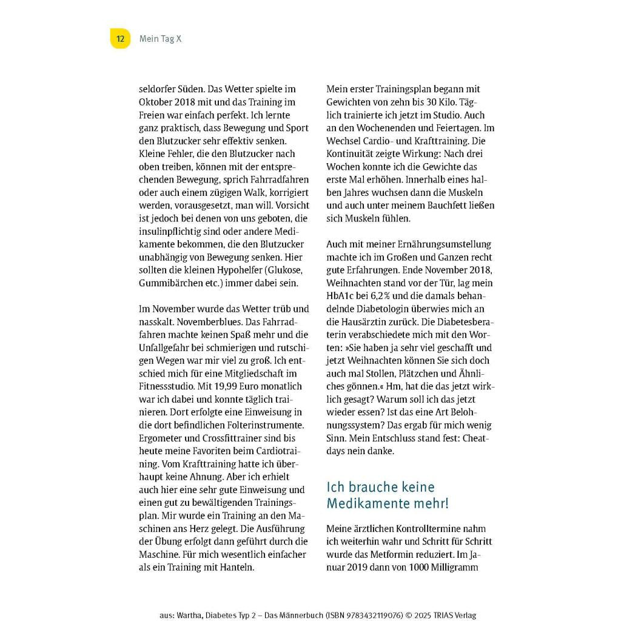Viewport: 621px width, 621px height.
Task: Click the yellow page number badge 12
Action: point(120,39)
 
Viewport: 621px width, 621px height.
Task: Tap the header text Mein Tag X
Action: point(160,39)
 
